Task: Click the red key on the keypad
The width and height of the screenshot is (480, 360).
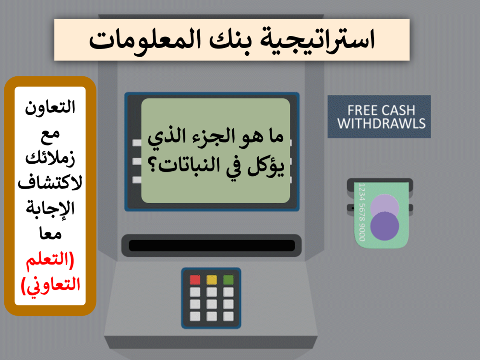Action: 195,280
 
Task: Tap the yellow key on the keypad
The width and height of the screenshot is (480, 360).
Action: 212,280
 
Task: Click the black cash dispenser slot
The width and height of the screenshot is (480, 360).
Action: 211,245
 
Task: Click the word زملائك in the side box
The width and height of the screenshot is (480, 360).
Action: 50,156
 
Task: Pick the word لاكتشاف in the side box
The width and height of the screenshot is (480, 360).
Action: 50,182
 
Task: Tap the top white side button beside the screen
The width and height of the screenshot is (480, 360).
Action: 137,143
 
